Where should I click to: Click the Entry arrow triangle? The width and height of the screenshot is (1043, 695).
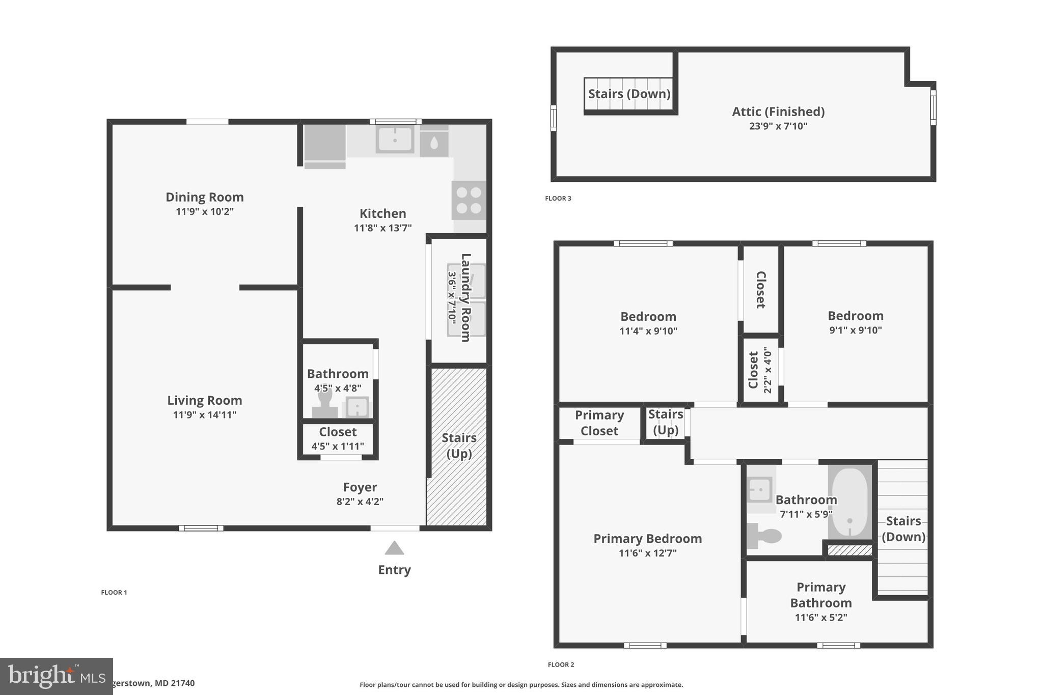pos(394,549)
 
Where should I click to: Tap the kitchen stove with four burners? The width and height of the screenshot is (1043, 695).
pos(469,200)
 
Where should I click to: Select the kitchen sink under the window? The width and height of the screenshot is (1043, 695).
pos(395,139)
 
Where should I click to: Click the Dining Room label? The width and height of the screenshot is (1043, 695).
pos(204,197)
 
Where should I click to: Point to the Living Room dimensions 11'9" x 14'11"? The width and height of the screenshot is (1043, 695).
pos(204,415)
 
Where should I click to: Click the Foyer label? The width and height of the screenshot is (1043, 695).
pos(360,487)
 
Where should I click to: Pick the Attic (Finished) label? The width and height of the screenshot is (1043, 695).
pos(778,112)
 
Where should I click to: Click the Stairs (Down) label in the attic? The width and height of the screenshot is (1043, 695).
pos(629,94)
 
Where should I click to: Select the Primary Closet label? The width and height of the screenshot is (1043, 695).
pos(599,423)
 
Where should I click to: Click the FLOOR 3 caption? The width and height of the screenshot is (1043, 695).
pos(558,199)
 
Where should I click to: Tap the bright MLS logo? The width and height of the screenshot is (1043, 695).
pos(56,676)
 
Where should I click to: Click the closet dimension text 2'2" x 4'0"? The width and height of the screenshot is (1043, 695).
pos(768,370)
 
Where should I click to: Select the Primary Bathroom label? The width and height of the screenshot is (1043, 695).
pos(820,595)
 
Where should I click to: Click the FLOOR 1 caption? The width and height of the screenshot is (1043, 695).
pos(114,592)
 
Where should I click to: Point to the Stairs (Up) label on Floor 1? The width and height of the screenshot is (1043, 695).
pos(459,446)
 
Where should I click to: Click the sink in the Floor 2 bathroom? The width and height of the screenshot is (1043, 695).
pos(759,490)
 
